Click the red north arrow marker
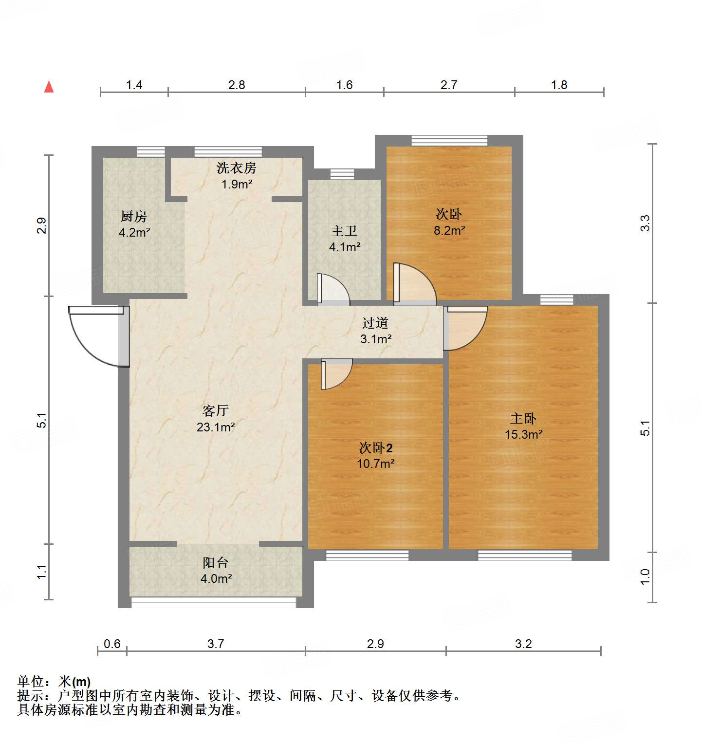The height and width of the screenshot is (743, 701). point(49,87)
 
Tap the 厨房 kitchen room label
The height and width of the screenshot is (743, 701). point(134,216)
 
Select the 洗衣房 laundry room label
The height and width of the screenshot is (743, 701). point(237,168)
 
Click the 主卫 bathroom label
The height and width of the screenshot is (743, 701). point(344,231)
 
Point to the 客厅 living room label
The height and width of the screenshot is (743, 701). point(216,410)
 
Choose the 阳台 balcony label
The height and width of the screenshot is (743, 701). point(216,563)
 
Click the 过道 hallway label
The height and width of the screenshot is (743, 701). point(375,323)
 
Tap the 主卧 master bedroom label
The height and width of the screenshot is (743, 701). point(523,418)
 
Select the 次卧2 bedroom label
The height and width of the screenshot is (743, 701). point(375,447)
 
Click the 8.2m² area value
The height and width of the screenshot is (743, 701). point(449,230)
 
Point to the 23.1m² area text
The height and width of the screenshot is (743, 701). point(216,427)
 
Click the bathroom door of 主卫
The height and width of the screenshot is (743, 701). point(333,290)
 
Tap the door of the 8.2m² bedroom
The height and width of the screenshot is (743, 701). point(414,285)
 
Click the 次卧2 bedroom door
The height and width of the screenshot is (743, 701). point(336,374)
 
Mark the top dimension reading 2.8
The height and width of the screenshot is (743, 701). point(237,85)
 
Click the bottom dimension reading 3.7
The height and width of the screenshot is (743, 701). point(216,644)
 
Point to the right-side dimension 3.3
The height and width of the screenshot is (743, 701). point(645,223)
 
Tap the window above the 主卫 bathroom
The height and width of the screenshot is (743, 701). point(342,174)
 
